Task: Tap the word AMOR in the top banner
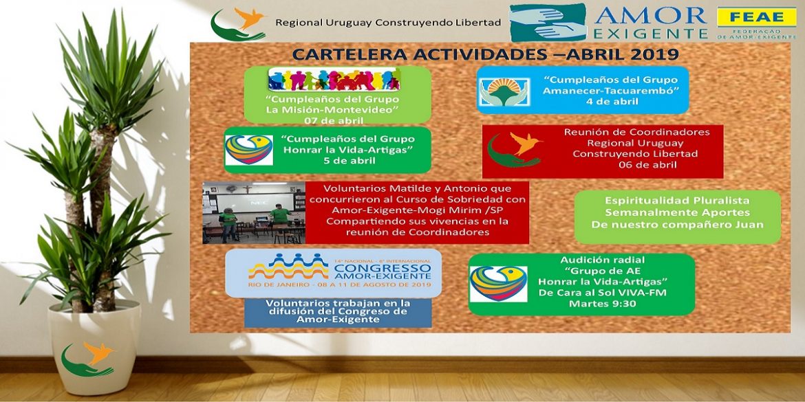[651, 15]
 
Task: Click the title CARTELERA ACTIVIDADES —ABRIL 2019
[486, 54]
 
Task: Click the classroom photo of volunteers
[254, 212]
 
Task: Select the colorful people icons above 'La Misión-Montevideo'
[334, 79]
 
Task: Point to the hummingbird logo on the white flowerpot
[89, 358]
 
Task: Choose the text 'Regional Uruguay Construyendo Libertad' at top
[387, 23]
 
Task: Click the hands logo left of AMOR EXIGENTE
[549, 22]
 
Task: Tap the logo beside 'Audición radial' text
[498, 284]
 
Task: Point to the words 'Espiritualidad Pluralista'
[677, 201]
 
